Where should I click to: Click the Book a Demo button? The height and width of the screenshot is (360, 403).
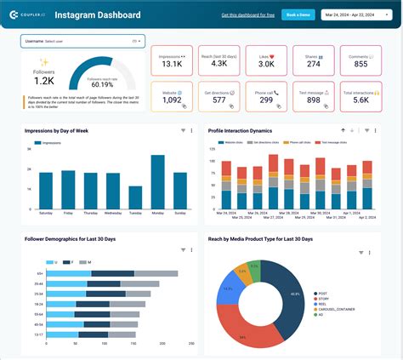point(298,15)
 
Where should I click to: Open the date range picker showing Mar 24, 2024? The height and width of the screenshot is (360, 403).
point(358,15)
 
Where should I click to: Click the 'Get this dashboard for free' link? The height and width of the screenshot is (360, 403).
point(248,15)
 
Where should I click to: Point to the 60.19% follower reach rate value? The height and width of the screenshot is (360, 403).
point(102,84)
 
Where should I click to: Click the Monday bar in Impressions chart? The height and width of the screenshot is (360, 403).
point(156,181)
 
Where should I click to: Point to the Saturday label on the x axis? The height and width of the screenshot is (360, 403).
point(45,213)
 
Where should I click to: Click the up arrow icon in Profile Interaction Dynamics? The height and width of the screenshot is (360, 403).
point(343,130)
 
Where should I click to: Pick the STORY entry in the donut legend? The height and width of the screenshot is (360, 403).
point(323,299)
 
